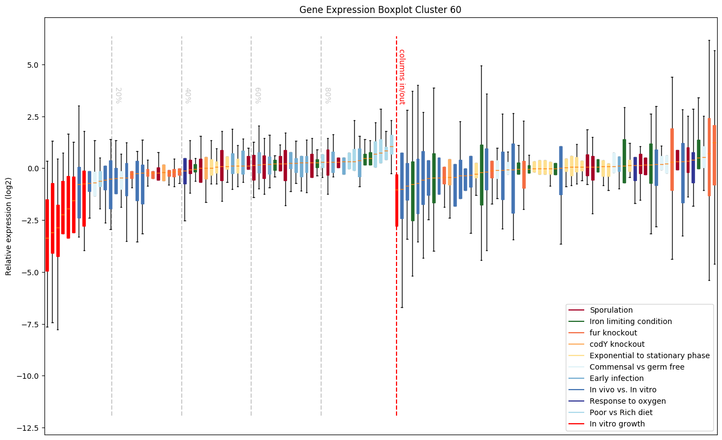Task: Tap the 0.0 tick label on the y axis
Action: pos(30,169)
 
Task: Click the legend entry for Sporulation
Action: pos(611,310)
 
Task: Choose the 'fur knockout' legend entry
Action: pos(613,333)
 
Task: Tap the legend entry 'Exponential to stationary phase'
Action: pos(649,355)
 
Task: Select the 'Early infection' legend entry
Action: pos(616,378)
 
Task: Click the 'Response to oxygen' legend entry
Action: pos(628,401)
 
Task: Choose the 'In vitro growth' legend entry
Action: pos(617,424)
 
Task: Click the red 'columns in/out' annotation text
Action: pos(402,76)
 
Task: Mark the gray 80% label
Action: pos(327,95)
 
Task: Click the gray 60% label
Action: pos(257,95)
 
